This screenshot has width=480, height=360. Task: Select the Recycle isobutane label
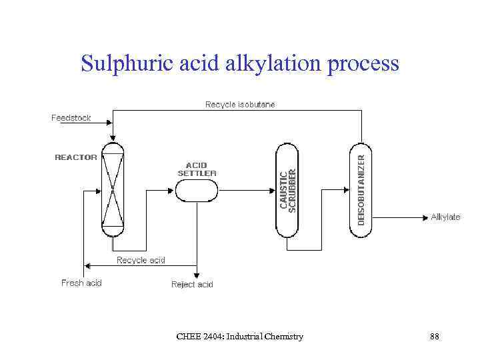240,105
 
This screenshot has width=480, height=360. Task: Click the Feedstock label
71,118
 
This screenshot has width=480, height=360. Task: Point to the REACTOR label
75,157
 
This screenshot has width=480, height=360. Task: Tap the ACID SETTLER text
197,169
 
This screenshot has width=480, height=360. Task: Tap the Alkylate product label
445,217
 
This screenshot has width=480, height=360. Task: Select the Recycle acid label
141,260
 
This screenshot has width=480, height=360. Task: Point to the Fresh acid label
81,283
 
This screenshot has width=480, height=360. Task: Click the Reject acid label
192,285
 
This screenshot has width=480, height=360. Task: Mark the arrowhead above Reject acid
196,273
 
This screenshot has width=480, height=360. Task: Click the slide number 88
434,337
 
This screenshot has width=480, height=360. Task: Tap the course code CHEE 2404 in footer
199,337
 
